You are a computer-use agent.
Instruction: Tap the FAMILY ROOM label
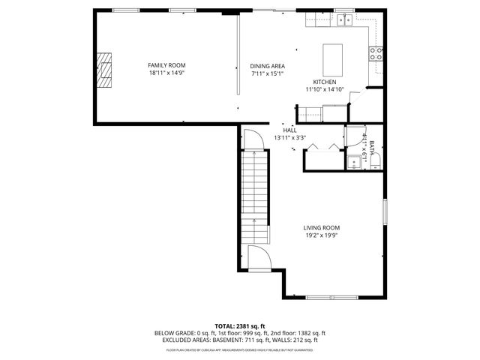[166, 65]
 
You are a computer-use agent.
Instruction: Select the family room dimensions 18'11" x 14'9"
[166, 73]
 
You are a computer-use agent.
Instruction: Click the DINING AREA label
[268, 66]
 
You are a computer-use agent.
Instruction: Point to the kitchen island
[331, 58]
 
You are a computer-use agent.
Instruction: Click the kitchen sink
[345, 20]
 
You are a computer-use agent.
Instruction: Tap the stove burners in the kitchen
[376, 52]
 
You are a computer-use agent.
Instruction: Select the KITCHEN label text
[324, 82]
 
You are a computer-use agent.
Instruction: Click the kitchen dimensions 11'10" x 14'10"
[324, 89]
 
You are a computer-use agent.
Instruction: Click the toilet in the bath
[376, 161]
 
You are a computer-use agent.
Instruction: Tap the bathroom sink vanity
[352, 161]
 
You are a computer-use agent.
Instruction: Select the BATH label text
[371, 141]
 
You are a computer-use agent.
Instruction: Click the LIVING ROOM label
[321, 228]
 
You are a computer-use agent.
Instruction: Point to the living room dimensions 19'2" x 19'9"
[321, 235]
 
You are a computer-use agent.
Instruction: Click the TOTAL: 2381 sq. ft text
[240, 326]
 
